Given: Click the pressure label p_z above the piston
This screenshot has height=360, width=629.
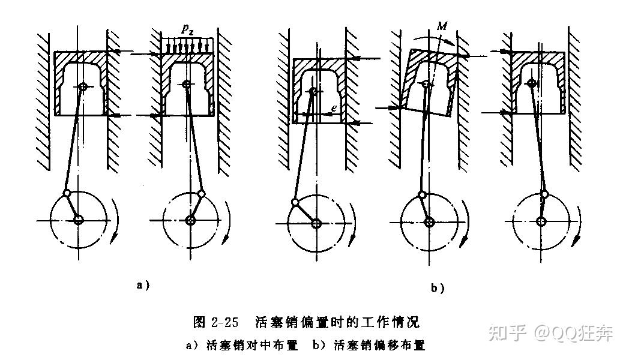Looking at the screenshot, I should click(187, 29).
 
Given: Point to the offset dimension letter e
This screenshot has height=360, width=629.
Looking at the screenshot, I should click(333, 108).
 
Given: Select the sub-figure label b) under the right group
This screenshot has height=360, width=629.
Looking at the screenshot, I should click(437, 289).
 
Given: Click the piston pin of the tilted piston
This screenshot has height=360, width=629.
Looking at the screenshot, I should click(426, 85).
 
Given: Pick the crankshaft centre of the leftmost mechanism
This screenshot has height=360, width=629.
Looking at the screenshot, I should click(78, 221).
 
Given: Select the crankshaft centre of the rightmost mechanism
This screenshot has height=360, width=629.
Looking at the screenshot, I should click(541, 221).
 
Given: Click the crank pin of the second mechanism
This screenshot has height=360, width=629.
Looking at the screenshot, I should click(201, 194).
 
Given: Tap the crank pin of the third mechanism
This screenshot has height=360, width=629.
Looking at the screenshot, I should click(295, 202).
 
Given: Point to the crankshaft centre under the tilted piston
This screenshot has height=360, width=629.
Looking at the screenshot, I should click(429, 222).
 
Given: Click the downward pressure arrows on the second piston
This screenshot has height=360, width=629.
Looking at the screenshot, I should click(187, 46).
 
